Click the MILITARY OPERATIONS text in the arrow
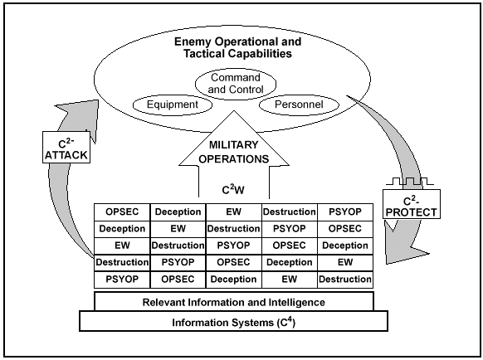[234, 151]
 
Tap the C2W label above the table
[235, 188]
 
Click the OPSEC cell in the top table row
[122, 212]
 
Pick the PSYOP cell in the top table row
[344, 212]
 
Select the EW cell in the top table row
[234, 212]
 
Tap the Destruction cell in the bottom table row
[344, 280]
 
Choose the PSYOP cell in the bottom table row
[122, 280]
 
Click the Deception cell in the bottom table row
[234, 280]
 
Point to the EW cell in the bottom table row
[289, 280]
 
